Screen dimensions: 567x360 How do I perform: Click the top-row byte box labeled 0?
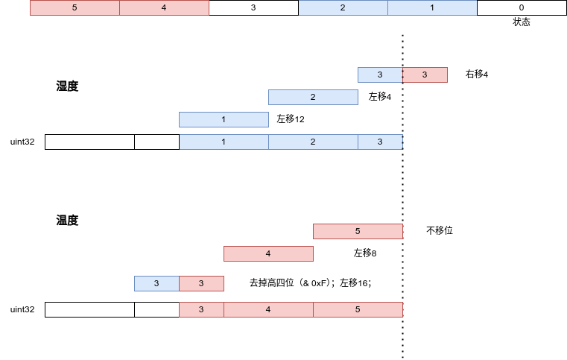522,7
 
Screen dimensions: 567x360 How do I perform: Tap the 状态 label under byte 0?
522,22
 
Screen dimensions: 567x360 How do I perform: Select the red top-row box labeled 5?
75,7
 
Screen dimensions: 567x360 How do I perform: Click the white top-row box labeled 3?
253,7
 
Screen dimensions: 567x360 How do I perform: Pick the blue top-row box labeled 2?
343,7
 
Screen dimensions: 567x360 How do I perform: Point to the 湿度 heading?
67,86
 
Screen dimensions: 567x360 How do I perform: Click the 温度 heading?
67,220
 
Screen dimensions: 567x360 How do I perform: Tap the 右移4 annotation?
477,75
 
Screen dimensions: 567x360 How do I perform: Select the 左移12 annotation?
291,119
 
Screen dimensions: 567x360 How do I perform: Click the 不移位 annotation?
440,230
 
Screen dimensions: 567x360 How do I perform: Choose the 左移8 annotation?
365,253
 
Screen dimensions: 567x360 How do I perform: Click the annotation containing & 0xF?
310,282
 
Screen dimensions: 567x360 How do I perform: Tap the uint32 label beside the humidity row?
22,142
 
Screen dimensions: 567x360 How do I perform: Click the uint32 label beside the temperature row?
22,309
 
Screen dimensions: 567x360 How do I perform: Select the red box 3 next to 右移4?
425,75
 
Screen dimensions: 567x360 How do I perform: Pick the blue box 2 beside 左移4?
313,98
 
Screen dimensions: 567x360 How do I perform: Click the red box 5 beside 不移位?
358,231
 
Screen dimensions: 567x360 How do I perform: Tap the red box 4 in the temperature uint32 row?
268,310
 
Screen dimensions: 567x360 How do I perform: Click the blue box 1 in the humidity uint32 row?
224,142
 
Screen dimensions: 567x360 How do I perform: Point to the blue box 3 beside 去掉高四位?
156,283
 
